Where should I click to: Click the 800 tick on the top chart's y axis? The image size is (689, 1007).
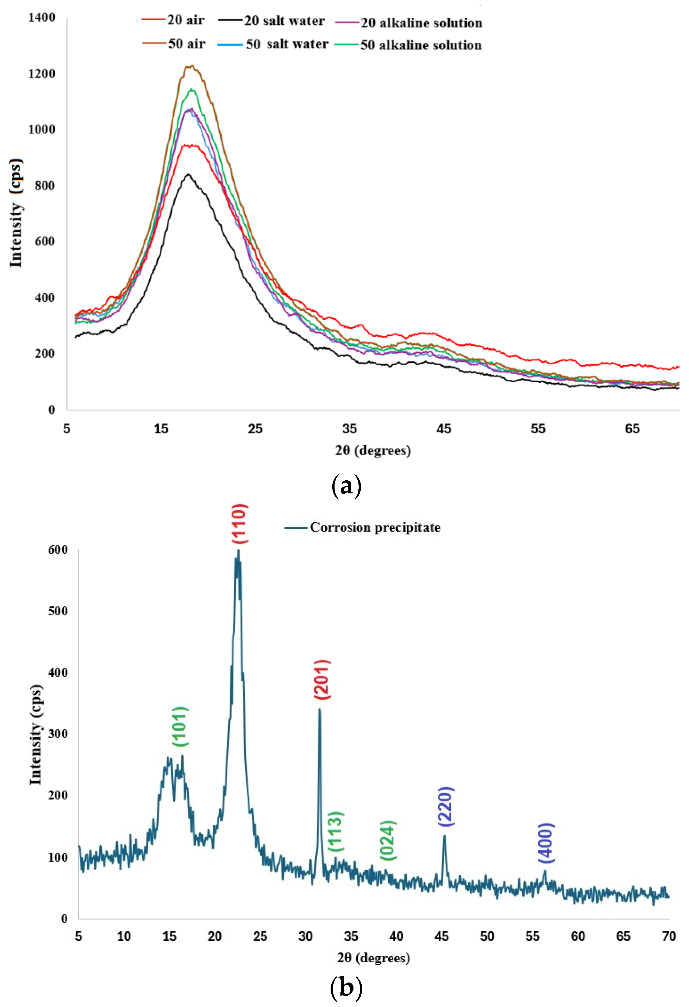tap(45, 186)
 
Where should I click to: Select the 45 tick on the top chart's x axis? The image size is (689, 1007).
tap(444, 429)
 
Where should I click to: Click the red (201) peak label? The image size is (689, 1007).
tap(322, 679)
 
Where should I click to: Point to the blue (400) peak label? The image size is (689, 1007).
tap(546, 843)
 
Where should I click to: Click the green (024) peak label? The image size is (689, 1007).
tap(388, 841)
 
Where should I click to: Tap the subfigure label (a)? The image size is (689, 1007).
tap(346, 486)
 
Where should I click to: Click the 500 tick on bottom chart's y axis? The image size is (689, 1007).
tap(57, 611)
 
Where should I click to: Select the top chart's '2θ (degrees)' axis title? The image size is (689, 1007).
tap(373, 451)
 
